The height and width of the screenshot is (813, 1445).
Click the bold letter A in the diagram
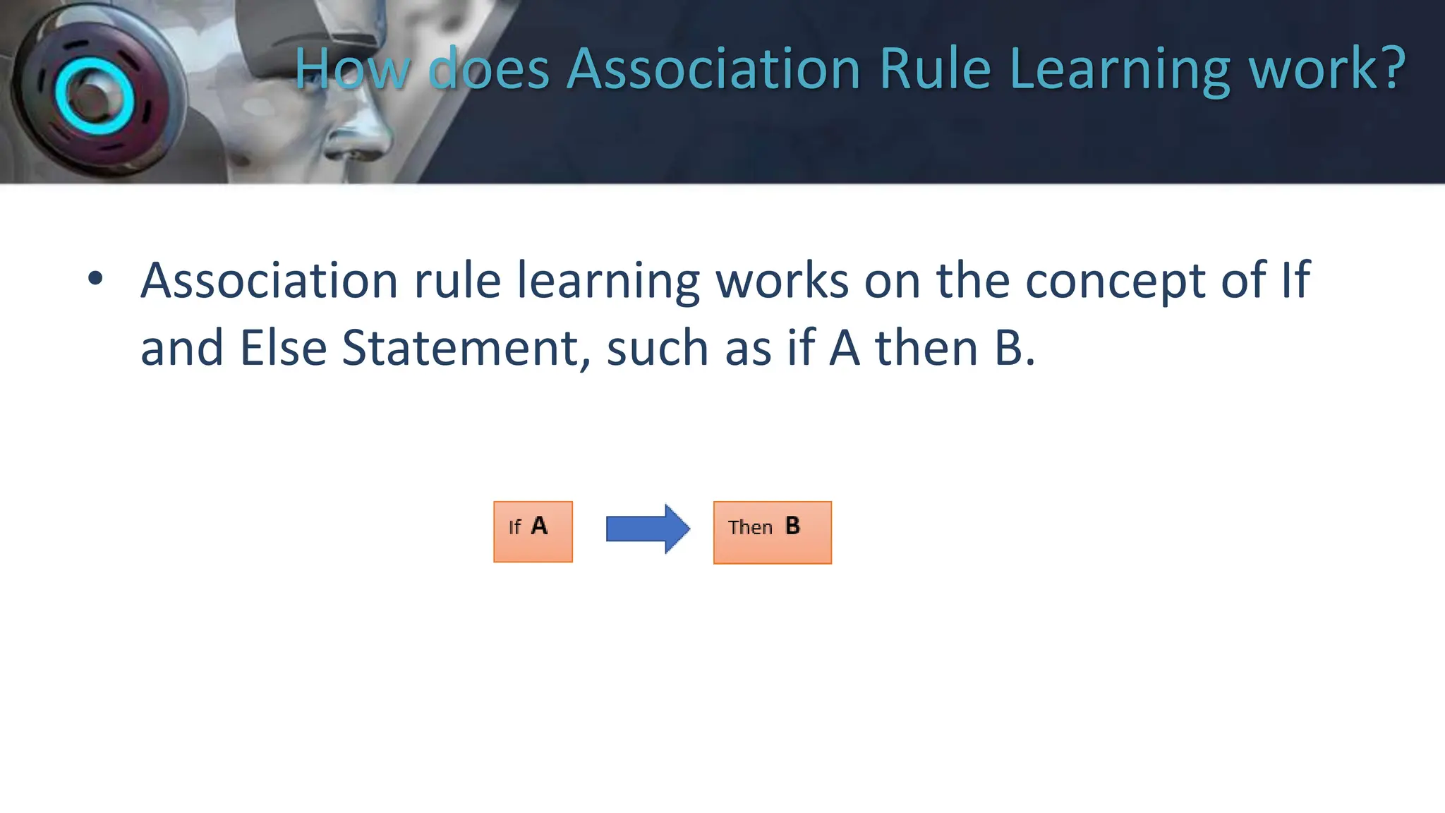(x=539, y=526)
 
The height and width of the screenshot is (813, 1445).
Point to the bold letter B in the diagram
(x=792, y=526)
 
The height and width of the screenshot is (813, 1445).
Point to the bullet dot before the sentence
(x=95, y=279)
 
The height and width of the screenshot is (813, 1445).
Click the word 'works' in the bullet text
(x=782, y=280)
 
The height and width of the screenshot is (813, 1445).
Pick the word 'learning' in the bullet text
(x=608, y=282)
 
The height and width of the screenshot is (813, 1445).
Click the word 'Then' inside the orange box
(x=750, y=527)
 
